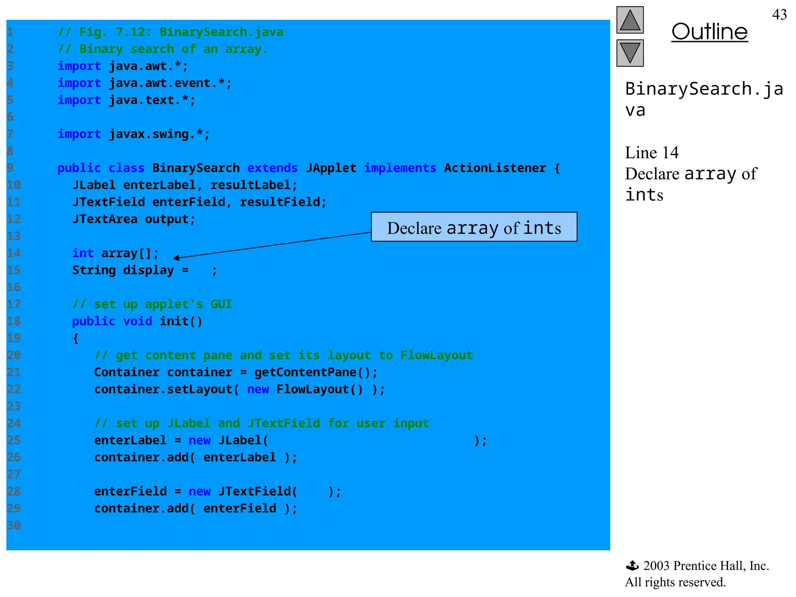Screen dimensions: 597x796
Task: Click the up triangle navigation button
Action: click(x=630, y=20)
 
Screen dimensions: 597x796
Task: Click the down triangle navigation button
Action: click(x=630, y=53)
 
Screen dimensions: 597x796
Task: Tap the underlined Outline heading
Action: click(x=709, y=32)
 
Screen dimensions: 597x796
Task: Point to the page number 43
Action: click(x=779, y=15)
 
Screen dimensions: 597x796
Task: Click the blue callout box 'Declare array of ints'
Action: click(x=474, y=227)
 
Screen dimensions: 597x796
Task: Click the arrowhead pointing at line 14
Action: click(x=176, y=258)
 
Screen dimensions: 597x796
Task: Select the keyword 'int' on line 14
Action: click(x=83, y=253)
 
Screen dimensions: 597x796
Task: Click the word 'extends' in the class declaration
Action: click(x=272, y=168)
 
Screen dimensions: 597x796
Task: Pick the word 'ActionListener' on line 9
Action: click(x=495, y=168)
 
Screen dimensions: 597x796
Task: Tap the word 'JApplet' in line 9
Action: click(x=331, y=168)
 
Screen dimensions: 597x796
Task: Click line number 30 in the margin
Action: click(x=14, y=525)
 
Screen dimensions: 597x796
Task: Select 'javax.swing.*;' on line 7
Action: click(x=159, y=134)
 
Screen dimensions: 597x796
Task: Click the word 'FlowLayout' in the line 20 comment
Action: click(x=436, y=355)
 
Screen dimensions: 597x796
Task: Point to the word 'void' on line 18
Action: click(x=137, y=321)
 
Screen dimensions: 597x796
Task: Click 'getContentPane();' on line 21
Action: click(x=316, y=372)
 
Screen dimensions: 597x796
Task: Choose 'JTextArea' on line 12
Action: click(x=105, y=219)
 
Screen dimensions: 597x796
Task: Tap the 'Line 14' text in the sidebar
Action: click(x=651, y=153)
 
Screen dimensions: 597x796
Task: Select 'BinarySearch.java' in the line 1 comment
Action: click(x=221, y=32)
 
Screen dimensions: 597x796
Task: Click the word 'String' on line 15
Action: click(x=94, y=271)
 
